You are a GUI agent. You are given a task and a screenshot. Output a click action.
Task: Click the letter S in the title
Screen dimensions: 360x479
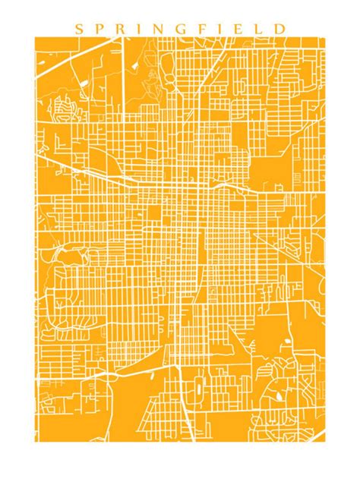(78, 29)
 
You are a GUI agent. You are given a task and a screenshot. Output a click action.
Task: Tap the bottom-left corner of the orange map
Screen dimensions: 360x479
(37, 441)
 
